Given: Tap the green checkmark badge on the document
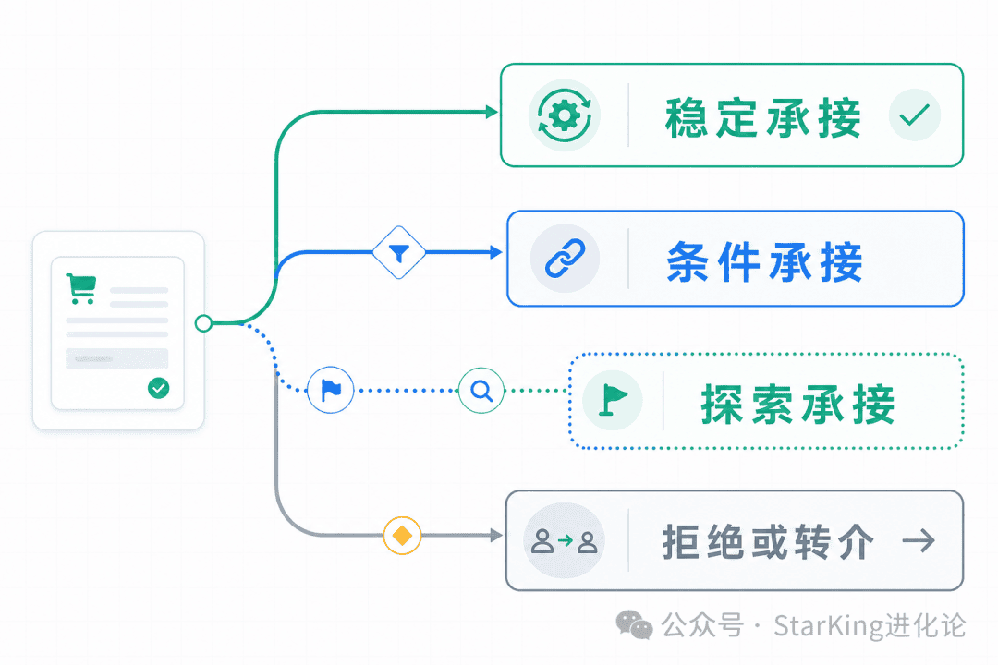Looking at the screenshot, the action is (x=159, y=388).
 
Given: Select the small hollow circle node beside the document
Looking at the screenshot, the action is (x=203, y=323).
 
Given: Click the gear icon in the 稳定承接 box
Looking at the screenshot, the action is (x=565, y=115).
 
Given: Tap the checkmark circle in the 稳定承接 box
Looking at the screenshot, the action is (x=915, y=115).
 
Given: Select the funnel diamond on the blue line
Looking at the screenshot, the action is (x=399, y=253).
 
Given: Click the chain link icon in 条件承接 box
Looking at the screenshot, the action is (x=566, y=259).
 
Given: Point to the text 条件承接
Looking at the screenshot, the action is (x=765, y=261).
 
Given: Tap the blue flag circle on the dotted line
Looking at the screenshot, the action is (x=330, y=390).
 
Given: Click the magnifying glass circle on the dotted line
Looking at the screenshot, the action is (x=481, y=390).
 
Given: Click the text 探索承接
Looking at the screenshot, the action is (x=798, y=405).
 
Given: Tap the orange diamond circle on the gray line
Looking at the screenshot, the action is (x=402, y=535).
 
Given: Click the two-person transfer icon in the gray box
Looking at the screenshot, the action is (x=565, y=541).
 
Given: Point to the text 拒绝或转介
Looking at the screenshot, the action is (x=768, y=542).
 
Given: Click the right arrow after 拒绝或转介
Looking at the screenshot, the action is (x=919, y=541).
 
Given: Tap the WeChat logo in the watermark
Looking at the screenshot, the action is (x=634, y=624).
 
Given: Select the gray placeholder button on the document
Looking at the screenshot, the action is (x=117, y=359).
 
